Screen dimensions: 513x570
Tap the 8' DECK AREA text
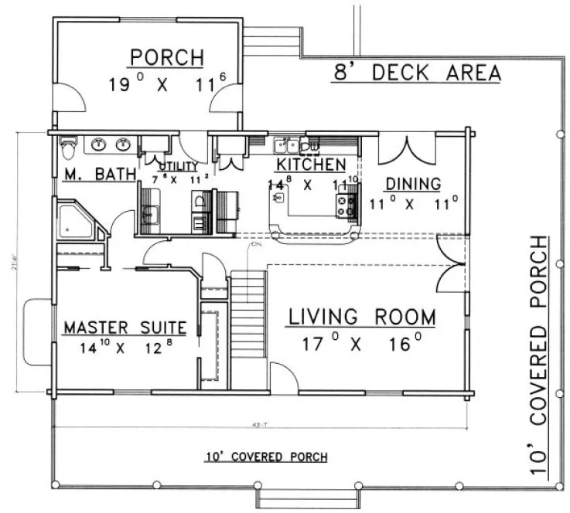(416, 73)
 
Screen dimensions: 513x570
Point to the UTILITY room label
(178, 166)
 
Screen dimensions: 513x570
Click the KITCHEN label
(311, 165)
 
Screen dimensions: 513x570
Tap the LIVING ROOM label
(362, 317)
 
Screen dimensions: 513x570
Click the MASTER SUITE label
(125, 328)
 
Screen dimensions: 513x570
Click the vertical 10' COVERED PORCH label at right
(544, 356)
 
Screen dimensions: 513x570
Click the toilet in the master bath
(68, 143)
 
